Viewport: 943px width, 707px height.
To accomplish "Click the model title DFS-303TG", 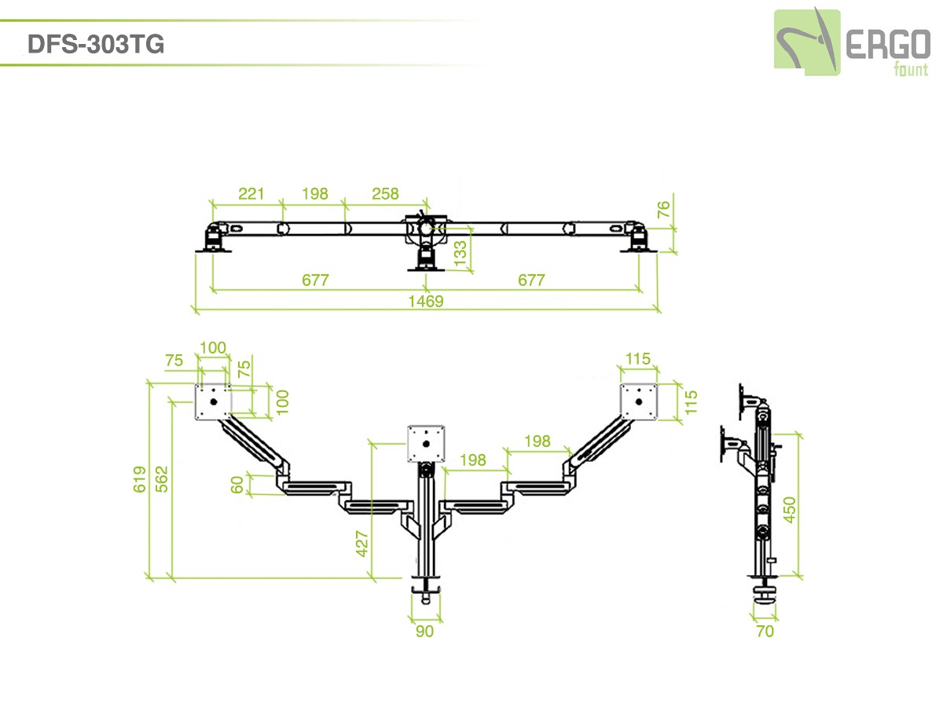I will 96,44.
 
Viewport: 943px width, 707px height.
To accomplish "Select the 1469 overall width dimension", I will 426,301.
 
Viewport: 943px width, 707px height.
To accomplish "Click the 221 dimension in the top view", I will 251,193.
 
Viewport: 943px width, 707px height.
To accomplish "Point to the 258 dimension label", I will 385,193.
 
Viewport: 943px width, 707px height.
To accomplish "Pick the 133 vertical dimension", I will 460,251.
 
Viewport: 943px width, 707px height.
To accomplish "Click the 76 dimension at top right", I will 664,210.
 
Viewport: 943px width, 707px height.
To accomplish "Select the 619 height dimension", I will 140,479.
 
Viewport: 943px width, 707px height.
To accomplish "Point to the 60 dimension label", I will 237,485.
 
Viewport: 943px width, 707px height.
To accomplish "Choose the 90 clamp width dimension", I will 424,631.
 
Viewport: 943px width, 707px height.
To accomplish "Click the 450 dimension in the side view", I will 790,509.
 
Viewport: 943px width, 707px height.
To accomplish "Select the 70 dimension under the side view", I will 765,631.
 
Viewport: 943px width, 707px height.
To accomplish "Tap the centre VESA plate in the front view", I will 427,444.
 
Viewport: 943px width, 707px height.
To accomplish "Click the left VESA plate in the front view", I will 213,401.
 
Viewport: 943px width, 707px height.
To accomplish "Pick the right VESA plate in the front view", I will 639,402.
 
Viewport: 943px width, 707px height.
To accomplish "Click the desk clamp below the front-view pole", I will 426,586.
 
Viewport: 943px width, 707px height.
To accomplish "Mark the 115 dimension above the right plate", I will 638,359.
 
